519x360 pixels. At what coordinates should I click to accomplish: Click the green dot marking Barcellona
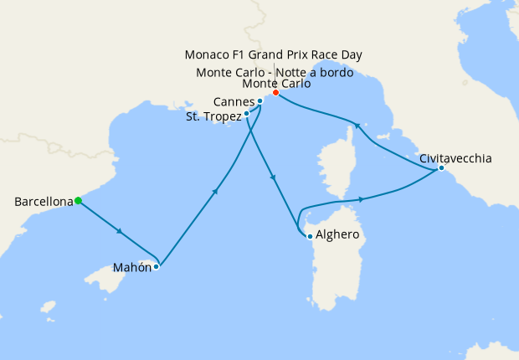[x=78, y=200]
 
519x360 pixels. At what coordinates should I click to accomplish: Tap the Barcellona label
[x=43, y=202]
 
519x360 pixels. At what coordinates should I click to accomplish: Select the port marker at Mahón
[x=157, y=267]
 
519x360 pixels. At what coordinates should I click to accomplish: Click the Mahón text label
[x=131, y=269]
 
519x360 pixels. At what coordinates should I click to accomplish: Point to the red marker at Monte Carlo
[x=275, y=92]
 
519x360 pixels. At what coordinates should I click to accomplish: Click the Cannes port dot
[x=260, y=101]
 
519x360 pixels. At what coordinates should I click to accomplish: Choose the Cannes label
[x=234, y=102]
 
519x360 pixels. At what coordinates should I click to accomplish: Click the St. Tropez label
[x=213, y=116]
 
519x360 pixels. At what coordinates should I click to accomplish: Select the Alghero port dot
[x=310, y=236]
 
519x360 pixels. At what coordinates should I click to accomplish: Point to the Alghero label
[x=337, y=235]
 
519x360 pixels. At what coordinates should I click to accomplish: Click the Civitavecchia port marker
[x=440, y=169]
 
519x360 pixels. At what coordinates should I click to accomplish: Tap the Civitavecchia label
[x=455, y=157]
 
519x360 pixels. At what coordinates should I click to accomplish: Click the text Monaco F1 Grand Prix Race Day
[x=273, y=55]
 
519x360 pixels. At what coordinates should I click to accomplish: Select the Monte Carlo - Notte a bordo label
[x=273, y=72]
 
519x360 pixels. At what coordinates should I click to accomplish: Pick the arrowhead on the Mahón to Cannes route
[x=216, y=192]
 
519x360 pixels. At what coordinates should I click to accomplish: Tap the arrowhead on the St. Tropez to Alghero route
[x=271, y=177]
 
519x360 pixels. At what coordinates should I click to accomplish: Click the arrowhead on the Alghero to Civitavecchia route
[x=362, y=199]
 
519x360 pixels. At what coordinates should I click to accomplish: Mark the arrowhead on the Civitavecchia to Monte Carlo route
[x=357, y=126]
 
